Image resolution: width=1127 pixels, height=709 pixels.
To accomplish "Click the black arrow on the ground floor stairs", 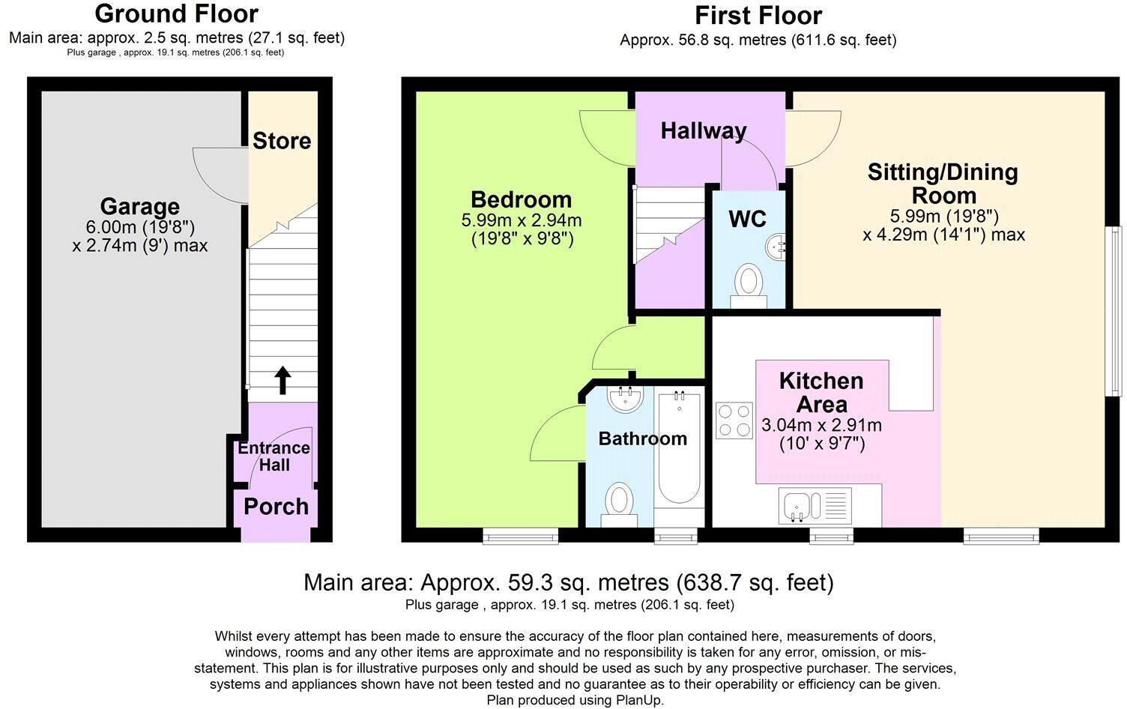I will pyautogui.click(x=282, y=380).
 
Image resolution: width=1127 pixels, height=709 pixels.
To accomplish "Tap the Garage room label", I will pyautogui.click(x=140, y=207).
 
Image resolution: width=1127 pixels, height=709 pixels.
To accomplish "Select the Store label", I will pyautogui.click(x=282, y=141).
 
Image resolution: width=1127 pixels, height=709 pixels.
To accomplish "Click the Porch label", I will pyautogui.click(x=276, y=507).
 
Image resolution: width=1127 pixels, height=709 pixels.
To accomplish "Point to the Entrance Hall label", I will pyautogui.click(x=274, y=456).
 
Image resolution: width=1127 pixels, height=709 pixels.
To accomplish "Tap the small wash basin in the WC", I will pyautogui.click(x=777, y=245).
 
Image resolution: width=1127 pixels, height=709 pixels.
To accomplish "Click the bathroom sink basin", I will pyautogui.click(x=624, y=399).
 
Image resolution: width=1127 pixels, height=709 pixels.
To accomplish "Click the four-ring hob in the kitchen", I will pyautogui.click(x=734, y=420).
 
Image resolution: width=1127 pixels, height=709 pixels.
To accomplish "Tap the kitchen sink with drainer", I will pyautogui.click(x=815, y=506).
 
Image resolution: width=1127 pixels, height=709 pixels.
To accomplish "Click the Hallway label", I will pyautogui.click(x=704, y=131).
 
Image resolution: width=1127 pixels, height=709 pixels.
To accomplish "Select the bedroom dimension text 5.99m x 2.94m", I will pyautogui.click(x=522, y=220).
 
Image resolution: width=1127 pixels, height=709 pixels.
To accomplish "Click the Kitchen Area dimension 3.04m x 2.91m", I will pyautogui.click(x=821, y=426).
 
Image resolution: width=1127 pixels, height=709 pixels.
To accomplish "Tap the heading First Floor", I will pyautogui.click(x=758, y=15).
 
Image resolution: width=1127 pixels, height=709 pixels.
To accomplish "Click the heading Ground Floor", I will pyautogui.click(x=177, y=13).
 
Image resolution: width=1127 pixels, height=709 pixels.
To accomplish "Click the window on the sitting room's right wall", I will pyautogui.click(x=1115, y=311).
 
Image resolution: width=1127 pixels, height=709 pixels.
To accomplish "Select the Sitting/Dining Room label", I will pyautogui.click(x=943, y=184).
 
